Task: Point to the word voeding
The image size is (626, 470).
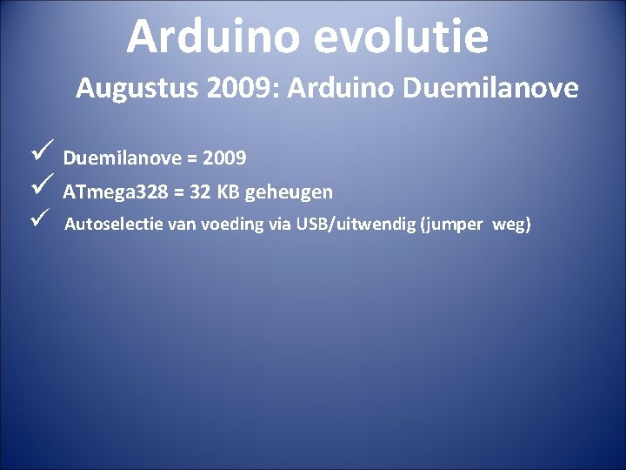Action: (233, 225)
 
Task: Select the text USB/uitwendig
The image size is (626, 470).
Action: (356, 225)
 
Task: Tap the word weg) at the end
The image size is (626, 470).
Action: (511, 225)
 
